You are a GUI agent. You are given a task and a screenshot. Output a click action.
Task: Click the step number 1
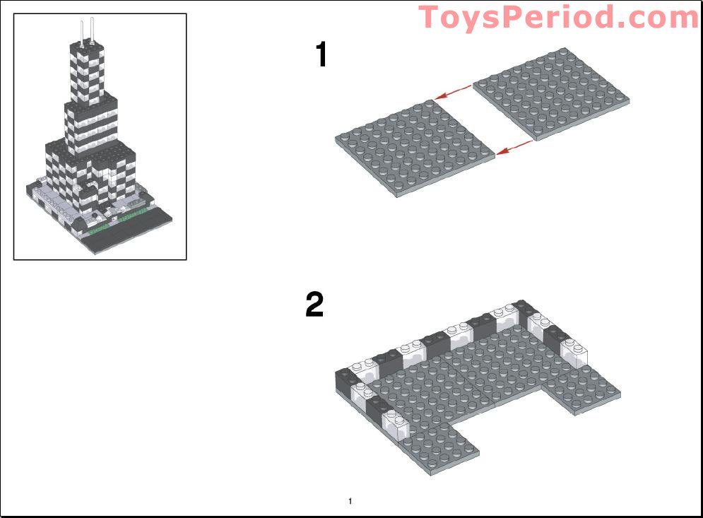point(321,54)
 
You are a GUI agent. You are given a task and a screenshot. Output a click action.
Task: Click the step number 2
point(314,304)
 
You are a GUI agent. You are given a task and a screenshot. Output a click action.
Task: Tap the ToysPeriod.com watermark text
point(559,18)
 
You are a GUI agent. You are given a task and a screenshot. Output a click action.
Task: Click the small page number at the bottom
point(350,501)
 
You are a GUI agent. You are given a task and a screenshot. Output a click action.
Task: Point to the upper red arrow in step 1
point(453,92)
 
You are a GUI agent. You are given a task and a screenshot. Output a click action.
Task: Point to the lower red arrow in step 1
point(514,148)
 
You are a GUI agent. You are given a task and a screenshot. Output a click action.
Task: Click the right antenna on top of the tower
point(93,30)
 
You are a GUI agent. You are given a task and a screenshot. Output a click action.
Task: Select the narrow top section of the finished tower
point(88,72)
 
